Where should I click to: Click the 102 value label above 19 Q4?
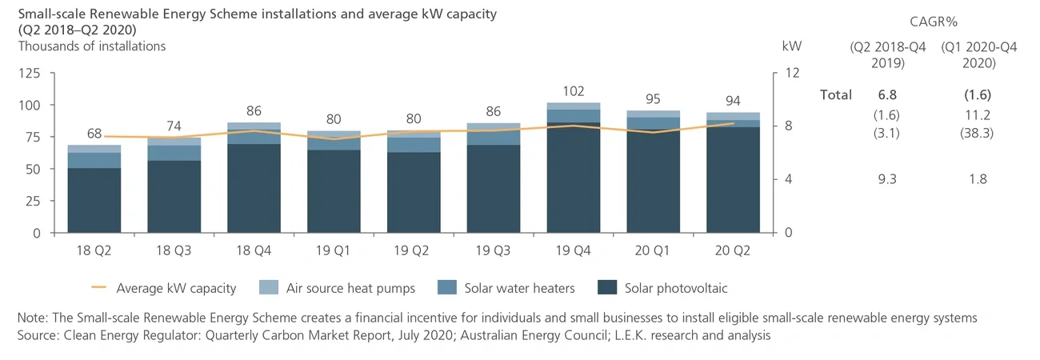tap(574, 91)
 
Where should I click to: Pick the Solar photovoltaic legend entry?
tap(665, 288)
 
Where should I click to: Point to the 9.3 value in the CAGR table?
tap(886, 179)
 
